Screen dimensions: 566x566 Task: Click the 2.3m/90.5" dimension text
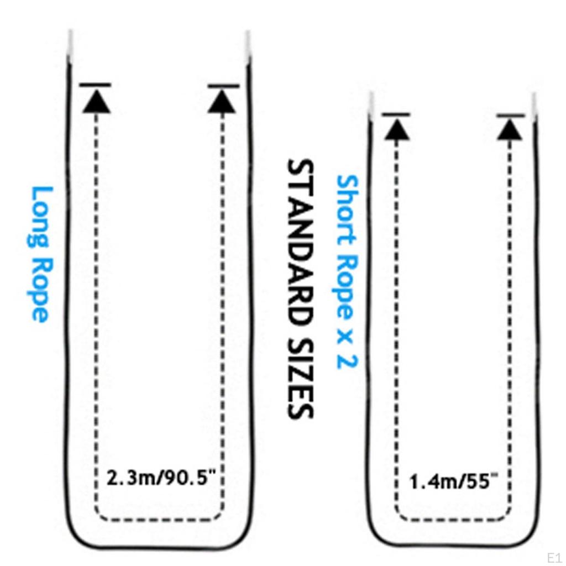click(x=161, y=478)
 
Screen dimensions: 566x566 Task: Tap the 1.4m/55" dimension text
click(x=454, y=481)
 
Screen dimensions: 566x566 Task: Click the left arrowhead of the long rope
click(x=96, y=102)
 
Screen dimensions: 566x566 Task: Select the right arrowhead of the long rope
click(x=222, y=102)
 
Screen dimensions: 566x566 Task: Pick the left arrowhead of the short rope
click(x=397, y=129)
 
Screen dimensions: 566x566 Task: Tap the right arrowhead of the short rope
click(x=510, y=129)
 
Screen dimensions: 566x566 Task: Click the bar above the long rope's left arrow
click(x=95, y=85)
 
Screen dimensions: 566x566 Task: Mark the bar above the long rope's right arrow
click(x=223, y=86)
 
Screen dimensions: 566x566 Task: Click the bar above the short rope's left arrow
click(x=396, y=114)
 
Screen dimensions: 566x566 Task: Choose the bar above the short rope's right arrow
click(x=510, y=116)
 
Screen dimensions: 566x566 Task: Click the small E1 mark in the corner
click(x=554, y=557)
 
